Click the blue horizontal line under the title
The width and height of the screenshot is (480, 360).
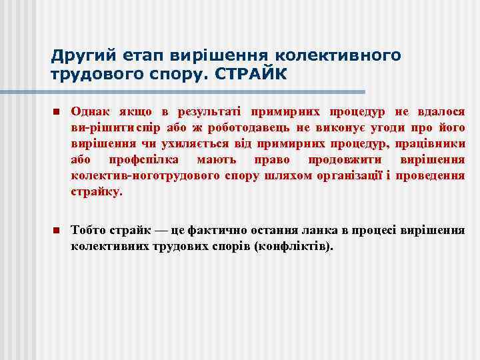coord(207,91)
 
